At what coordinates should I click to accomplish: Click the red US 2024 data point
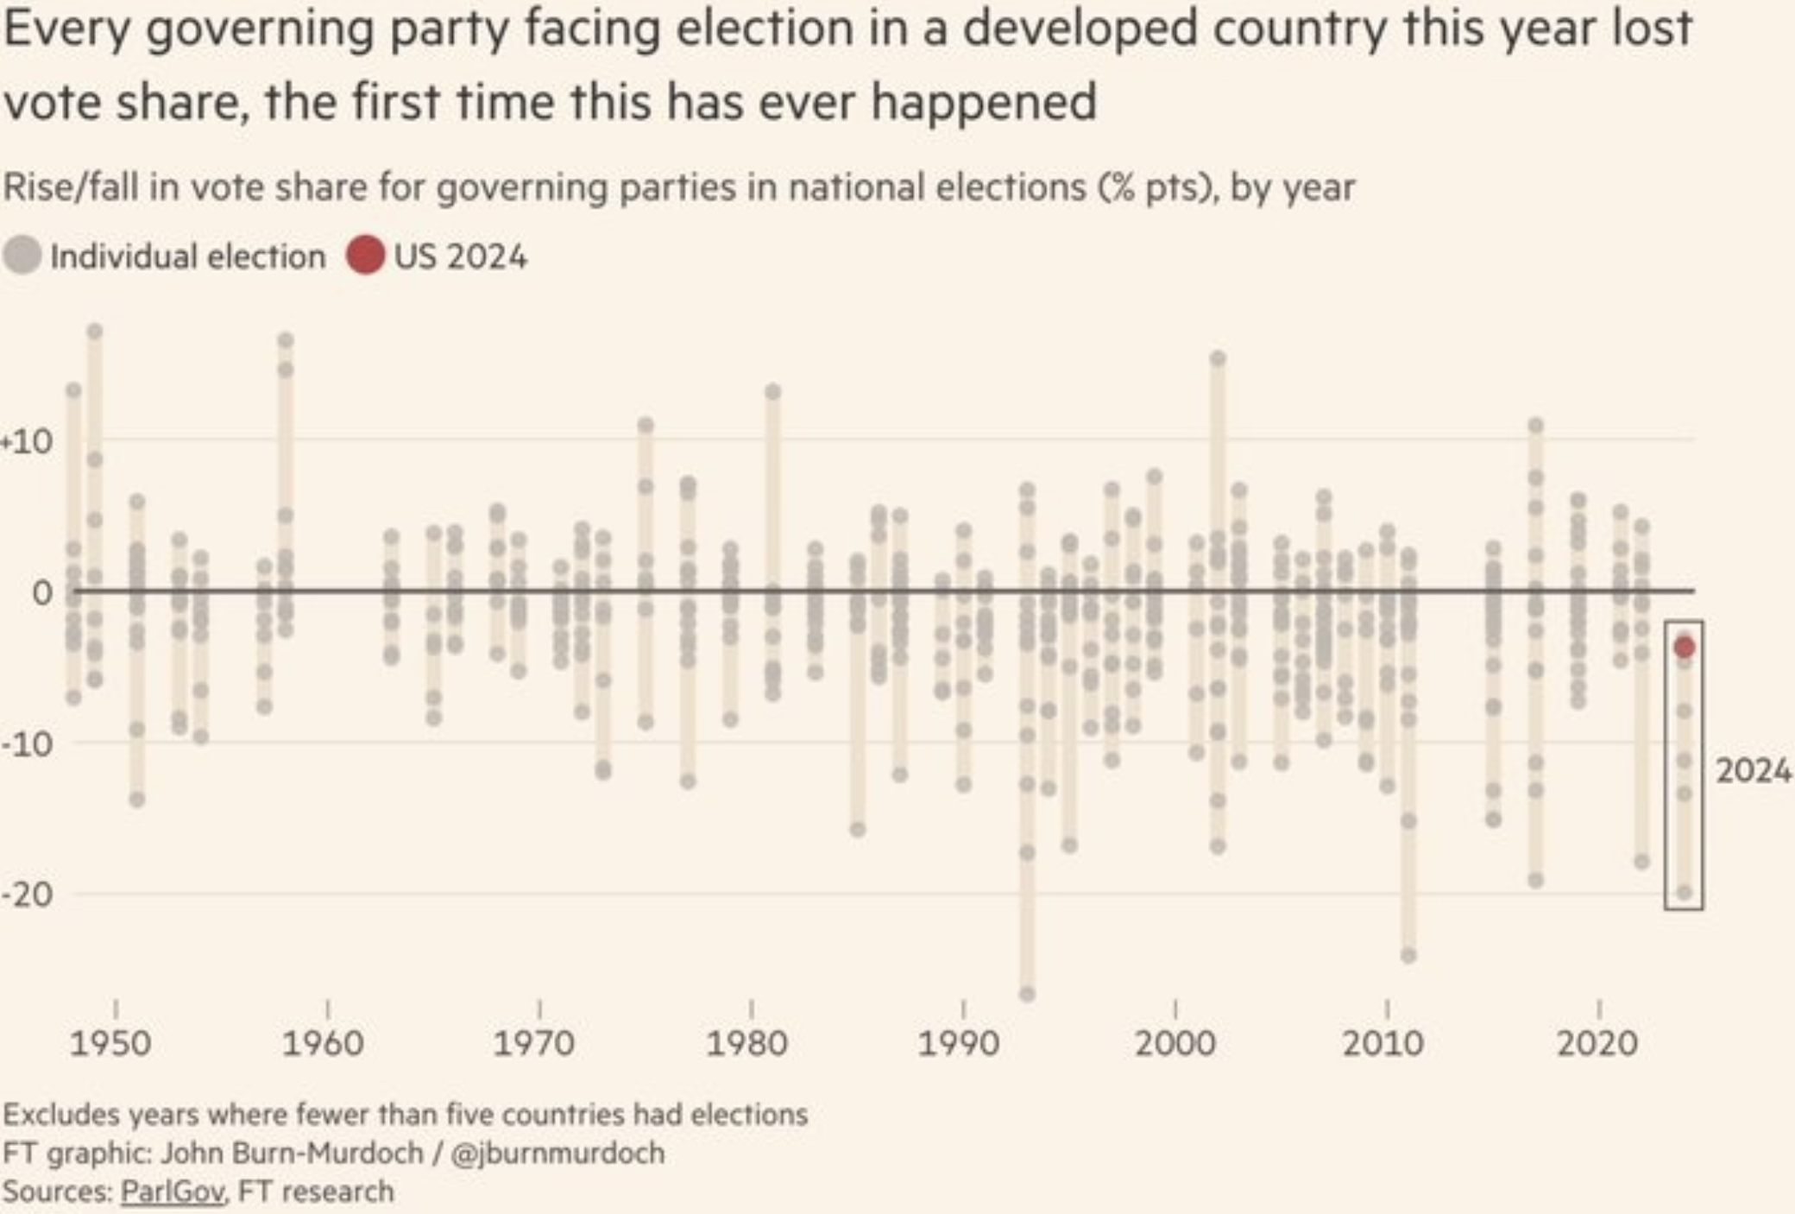(x=1684, y=647)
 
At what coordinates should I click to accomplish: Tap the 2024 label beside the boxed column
(x=1753, y=770)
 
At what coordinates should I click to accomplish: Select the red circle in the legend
(x=365, y=256)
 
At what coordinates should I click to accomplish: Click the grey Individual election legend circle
(x=22, y=256)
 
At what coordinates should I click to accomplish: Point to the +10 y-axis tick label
(x=28, y=442)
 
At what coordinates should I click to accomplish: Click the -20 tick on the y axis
(x=28, y=894)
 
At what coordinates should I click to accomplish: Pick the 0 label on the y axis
(x=41, y=592)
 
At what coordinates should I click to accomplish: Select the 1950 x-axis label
(x=110, y=1043)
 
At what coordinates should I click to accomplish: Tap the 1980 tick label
(x=746, y=1043)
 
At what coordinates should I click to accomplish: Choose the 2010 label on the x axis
(x=1382, y=1043)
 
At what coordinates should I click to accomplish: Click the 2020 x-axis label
(x=1597, y=1043)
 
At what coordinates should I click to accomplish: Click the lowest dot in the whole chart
(x=1027, y=994)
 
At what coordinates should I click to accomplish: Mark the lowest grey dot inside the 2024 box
(x=1684, y=892)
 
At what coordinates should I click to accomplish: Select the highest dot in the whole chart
(x=95, y=331)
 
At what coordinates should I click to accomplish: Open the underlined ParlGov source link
(x=172, y=1192)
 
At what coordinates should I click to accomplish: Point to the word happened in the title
(x=984, y=102)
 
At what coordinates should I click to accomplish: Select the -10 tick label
(x=28, y=743)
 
